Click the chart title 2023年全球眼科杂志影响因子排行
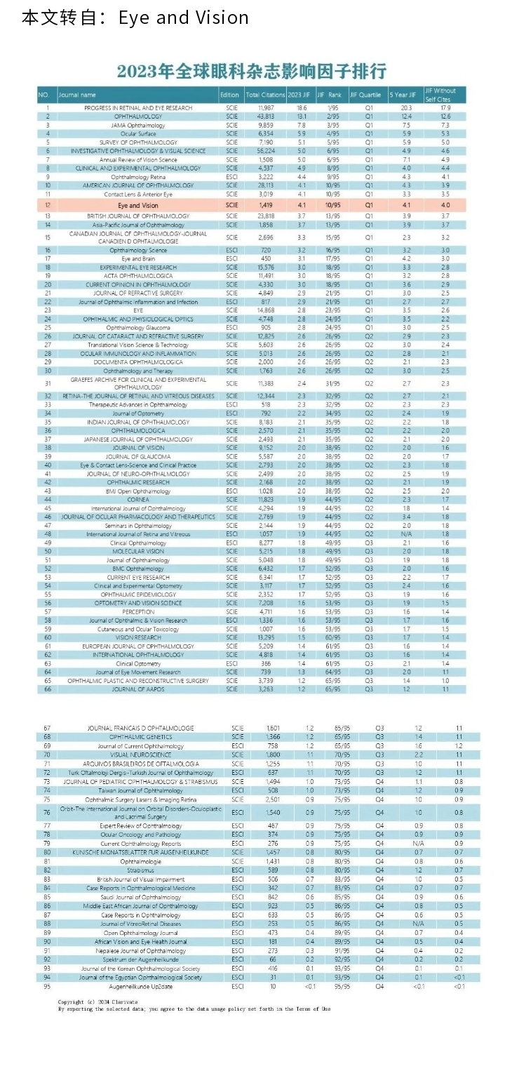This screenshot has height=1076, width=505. tap(252, 72)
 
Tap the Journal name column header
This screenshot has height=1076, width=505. tap(77, 95)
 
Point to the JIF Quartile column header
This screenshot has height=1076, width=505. tap(365, 95)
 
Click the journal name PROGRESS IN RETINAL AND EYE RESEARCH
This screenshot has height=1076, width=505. tap(137, 108)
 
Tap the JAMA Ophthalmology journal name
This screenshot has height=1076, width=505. tap(137, 126)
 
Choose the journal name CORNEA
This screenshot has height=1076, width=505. tap(137, 499)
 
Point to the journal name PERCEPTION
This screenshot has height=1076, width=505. tap(137, 611)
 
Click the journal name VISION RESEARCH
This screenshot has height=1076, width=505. tap(137, 637)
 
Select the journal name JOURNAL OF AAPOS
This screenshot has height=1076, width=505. tap(137, 689)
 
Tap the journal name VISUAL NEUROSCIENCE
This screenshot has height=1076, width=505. tap(137, 755)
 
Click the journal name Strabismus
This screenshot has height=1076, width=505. tap(137, 870)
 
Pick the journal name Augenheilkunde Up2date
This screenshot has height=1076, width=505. tap(137, 986)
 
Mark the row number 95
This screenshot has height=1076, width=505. tap(47, 986)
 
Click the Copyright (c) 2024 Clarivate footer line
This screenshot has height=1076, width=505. tap(97, 1002)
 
